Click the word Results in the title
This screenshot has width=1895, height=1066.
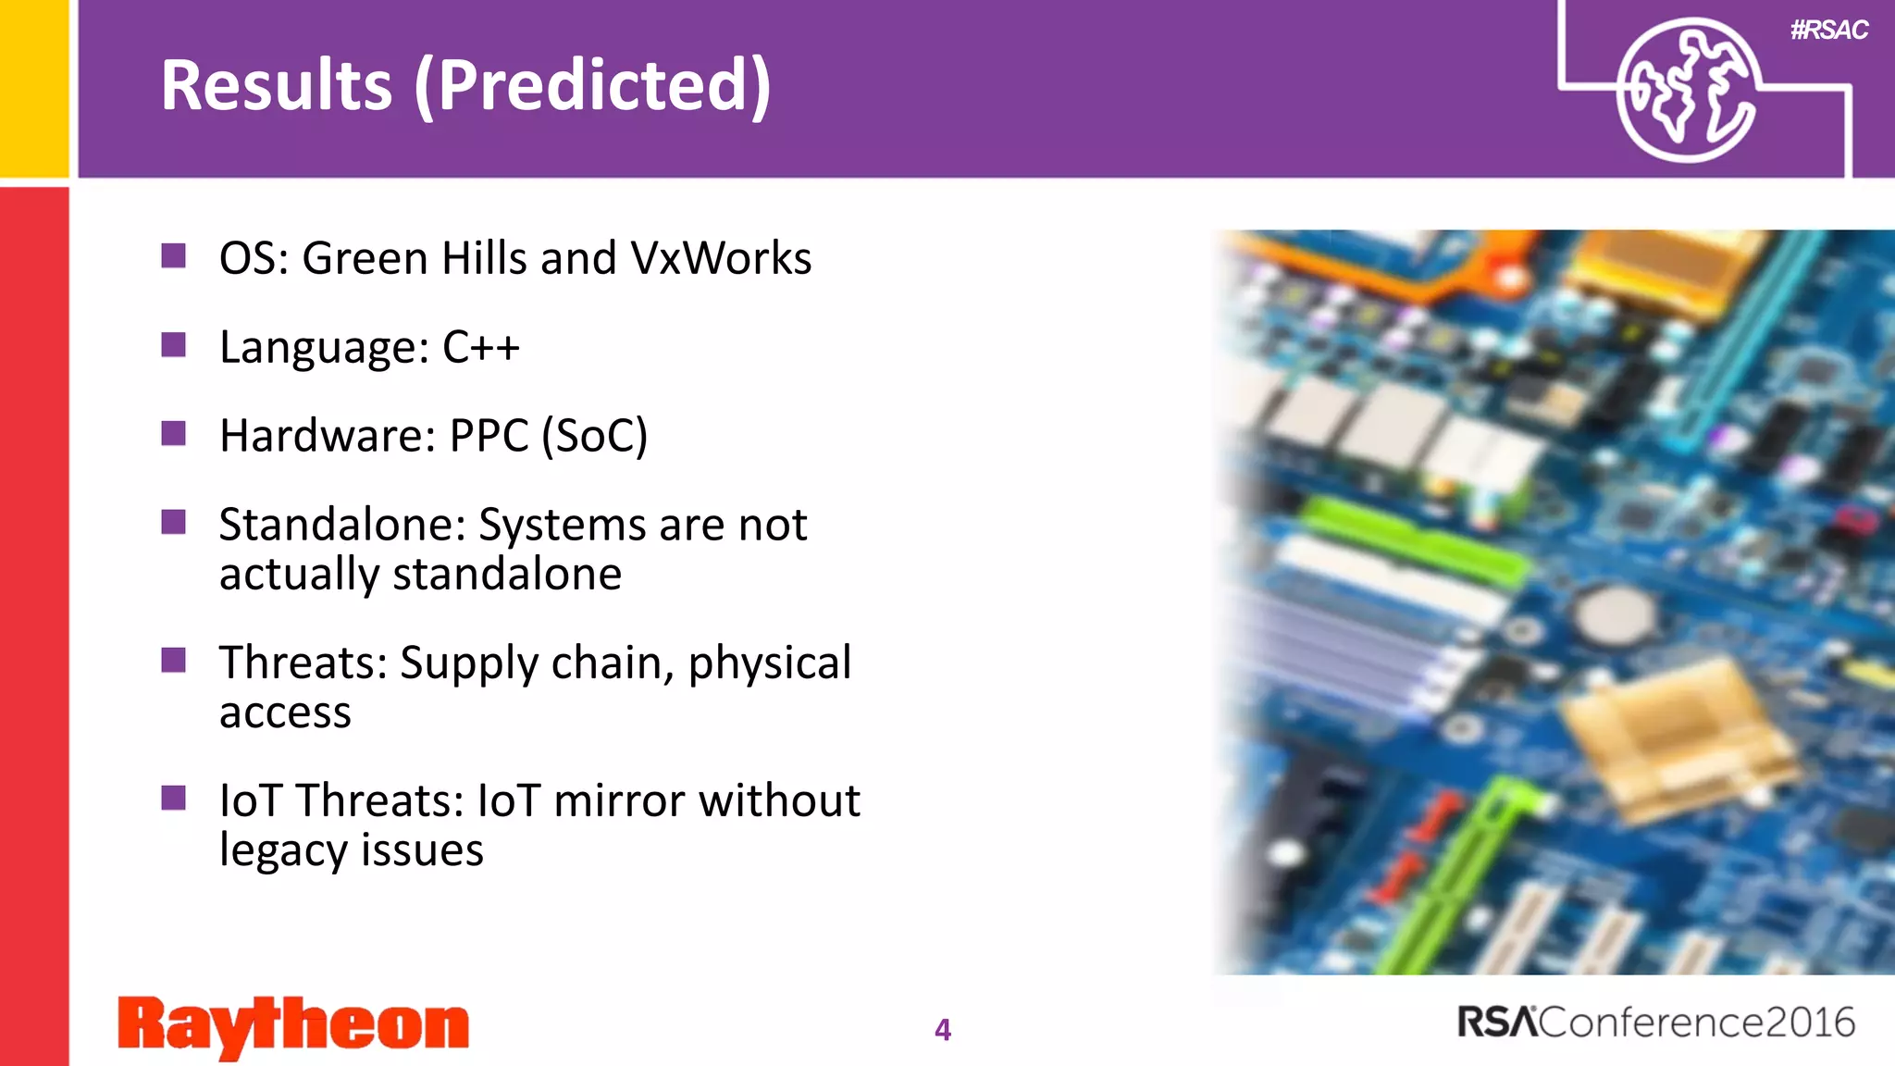(x=276, y=85)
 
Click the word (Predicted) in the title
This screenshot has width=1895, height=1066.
(x=592, y=85)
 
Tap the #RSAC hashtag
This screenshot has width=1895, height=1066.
(x=1828, y=31)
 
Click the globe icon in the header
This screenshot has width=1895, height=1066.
(x=1687, y=91)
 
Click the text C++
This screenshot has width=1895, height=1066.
(x=480, y=347)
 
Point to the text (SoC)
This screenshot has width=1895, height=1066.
(x=594, y=436)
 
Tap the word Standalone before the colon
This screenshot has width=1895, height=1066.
(x=338, y=525)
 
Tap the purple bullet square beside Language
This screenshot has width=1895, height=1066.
(x=173, y=345)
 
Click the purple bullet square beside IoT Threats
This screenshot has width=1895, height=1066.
(x=173, y=798)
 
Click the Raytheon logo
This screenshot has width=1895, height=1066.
(x=293, y=1025)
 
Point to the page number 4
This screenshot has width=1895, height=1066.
(x=942, y=1030)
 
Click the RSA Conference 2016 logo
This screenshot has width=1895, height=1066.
(x=1655, y=1023)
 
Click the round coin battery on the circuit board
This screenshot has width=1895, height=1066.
(x=1614, y=614)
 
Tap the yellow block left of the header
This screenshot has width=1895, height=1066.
(x=34, y=88)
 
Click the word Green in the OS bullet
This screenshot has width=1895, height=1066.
(x=365, y=258)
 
